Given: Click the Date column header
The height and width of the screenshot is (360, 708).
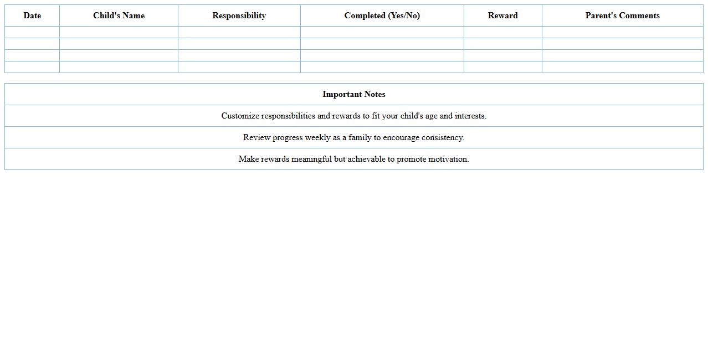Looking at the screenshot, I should pos(32,16).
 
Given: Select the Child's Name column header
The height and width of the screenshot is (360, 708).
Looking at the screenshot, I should pos(119,16).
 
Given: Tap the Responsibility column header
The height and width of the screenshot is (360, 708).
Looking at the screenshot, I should pos(239,16).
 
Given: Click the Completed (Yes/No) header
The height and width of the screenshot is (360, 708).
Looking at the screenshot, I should pos(382,16).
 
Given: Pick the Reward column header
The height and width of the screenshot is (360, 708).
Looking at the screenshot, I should pos(502,16).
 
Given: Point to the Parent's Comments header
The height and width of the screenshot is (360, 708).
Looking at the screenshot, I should pos(622,16).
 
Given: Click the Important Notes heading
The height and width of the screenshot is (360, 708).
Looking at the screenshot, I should pos(353,94).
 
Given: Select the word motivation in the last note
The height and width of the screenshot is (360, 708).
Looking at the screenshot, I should pos(448,159).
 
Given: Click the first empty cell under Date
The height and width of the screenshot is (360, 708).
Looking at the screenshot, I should pos(32,32).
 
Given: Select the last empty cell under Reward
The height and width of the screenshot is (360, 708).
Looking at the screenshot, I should pos(502,67).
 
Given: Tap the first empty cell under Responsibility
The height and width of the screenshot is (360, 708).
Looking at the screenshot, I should pos(239,32).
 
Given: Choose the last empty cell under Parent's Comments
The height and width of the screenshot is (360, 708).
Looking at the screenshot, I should pos(622,67).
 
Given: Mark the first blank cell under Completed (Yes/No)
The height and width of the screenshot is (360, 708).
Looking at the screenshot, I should pos(382,32).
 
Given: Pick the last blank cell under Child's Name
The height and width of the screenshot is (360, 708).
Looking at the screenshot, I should pos(119,67).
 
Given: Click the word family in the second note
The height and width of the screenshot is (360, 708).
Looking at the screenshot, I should pos(360,137).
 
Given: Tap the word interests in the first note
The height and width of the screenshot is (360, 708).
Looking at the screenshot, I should pos(470,116).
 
